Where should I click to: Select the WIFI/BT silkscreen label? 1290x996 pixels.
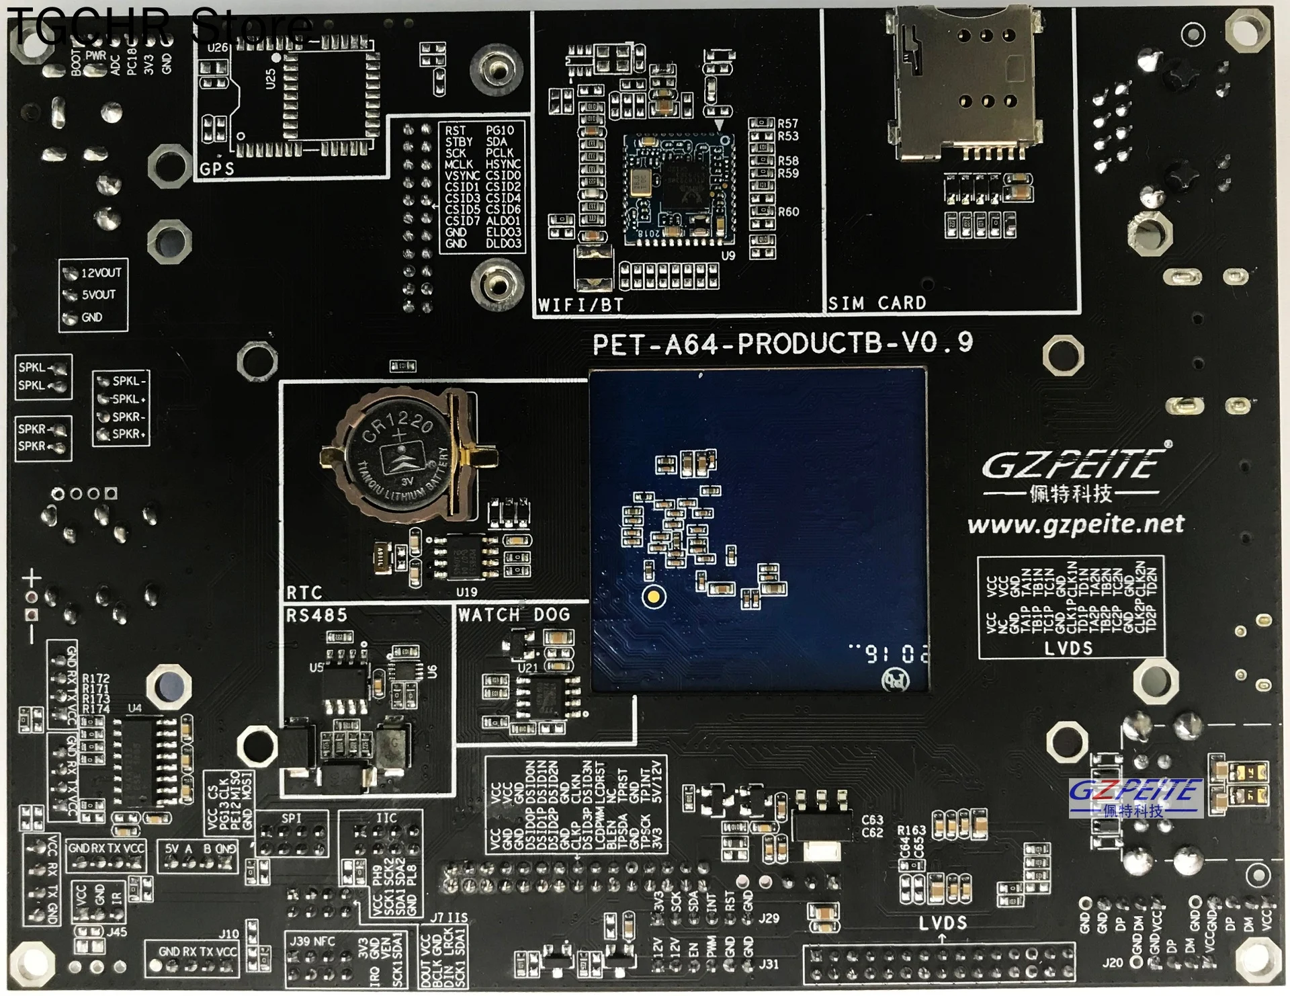coord(580,305)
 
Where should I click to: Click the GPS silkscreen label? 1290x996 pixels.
coord(217,169)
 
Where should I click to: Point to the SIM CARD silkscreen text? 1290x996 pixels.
coord(877,303)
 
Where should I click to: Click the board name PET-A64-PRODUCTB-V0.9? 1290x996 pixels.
coord(782,343)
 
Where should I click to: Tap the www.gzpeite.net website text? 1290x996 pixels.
coord(1076,524)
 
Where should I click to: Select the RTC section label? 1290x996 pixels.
coord(304,593)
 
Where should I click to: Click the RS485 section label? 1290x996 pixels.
coord(316,616)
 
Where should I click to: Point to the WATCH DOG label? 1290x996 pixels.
coord(514,614)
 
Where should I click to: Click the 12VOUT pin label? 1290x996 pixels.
coord(101,273)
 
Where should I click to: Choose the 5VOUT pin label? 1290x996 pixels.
coord(98,295)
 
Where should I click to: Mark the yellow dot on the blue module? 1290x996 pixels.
coord(654,596)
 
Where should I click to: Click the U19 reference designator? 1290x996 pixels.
coord(466,592)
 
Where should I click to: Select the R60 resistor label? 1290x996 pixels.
coord(788,212)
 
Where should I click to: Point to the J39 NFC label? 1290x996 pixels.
coord(312,941)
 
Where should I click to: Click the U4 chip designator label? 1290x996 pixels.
coord(135,708)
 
